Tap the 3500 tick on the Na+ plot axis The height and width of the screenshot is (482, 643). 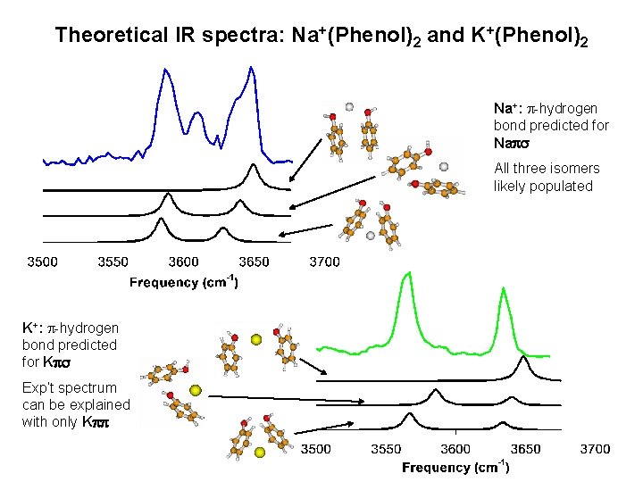click(x=43, y=262)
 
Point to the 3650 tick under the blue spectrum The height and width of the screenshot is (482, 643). click(x=255, y=262)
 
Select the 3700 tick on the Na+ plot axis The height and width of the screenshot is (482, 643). click(x=324, y=262)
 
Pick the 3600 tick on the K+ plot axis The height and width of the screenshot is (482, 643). click(x=455, y=448)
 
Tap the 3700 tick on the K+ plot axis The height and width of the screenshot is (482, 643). click(x=596, y=448)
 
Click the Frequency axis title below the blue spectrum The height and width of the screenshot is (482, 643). click(x=184, y=282)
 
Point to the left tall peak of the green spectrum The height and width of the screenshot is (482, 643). click(x=407, y=275)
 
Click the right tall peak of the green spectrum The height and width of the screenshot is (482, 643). click(x=505, y=289)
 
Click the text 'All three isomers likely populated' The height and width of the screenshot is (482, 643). click(x=547, y=177)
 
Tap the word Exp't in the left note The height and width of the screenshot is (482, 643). click(x=39, y=387)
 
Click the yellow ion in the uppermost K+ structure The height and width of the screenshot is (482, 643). click(x=256, y=339)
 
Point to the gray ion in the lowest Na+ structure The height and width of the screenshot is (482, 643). click(x=371, y=236)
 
